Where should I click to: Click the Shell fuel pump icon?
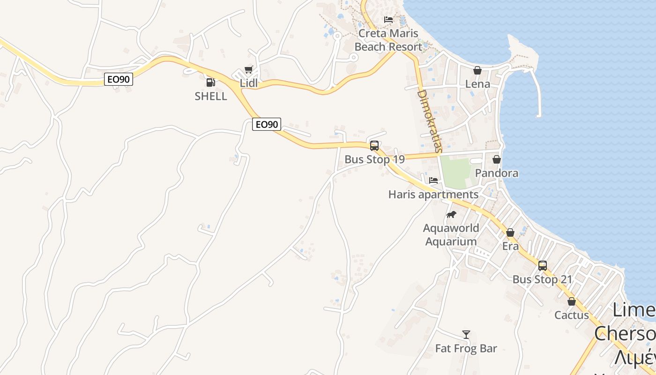pyautogui.click(x=211, y=82)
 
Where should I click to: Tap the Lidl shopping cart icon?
pyautogui.click(x=248, y=70)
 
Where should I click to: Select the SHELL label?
pyautogui.click(x=211, y=96)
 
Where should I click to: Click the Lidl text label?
pyautogui.click(x=249, y=83)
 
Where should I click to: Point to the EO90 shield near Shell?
pyautogui.click(x=118, y=79)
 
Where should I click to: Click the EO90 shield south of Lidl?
pyautogui.click(x=266, y=124)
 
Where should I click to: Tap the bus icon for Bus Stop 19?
pyautogui.click(x=374, y=146)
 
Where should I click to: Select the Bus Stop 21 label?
pyautogui.click(x=542, y=279)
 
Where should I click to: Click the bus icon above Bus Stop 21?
pyautogui.click(x=542, y=266)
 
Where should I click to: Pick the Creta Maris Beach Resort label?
pyautogui.click(x=388, y=40)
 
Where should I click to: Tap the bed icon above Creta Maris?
pyautogui.click(x=388, y=20)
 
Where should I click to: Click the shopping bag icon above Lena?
pyautogui.click(x=477, y=70)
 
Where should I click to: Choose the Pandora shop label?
pyautogui.click(x=497, y=173)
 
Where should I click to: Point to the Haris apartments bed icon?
pyautogui.click(x=433, y=180)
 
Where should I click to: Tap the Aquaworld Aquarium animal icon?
pyautogui.click(x=451, y=215)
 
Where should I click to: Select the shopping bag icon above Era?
pyautogui.click(x=510, y=232)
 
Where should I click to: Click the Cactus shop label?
pyautogui.click(x=572, y=315)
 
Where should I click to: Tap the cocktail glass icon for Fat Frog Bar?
pyautogui.click(x=466, y=335)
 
